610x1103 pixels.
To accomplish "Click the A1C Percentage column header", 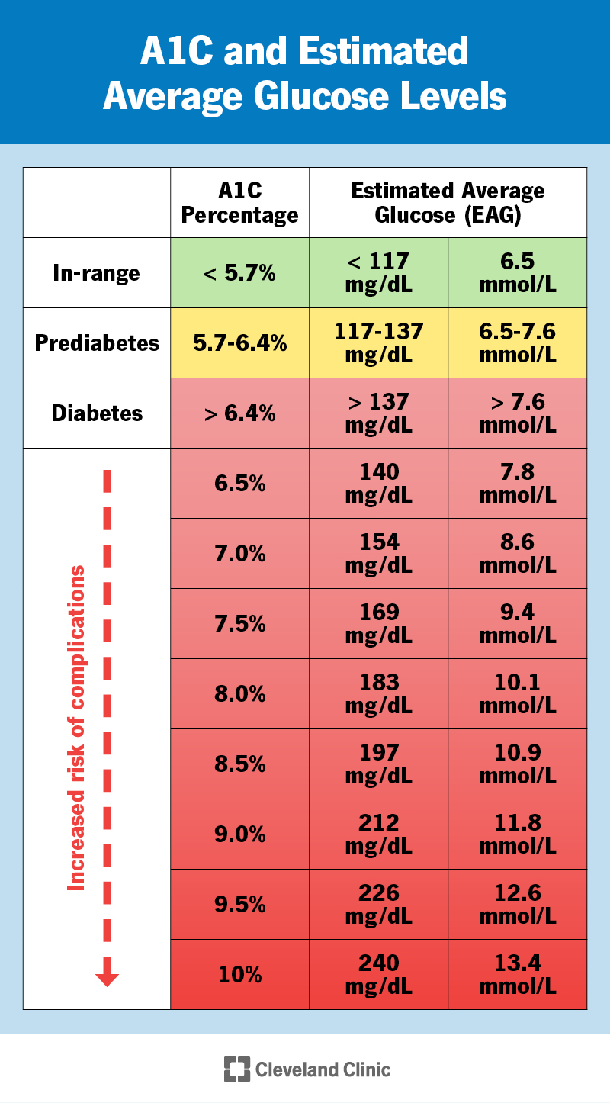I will pos(239,203).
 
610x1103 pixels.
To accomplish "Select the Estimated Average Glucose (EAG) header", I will pos(448,203).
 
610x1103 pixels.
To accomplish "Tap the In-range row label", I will pos(97,273).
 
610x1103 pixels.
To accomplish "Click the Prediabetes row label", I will pos(97,343).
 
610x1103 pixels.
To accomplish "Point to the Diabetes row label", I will pos(97,413).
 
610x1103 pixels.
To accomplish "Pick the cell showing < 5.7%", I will pos(239,273).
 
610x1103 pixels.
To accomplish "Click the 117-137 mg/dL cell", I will pos(378,343).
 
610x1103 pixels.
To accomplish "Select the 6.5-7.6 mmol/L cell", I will pos(517,343).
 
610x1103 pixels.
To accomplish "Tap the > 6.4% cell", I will pos(239,413).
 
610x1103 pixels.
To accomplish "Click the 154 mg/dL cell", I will pos(378,554).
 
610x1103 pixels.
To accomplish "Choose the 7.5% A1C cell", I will pos(239,624).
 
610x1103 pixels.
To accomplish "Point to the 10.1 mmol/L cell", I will pos(517,694).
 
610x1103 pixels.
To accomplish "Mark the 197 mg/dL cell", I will pos(378,764).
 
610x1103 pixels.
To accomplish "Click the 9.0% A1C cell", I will pos(239,834).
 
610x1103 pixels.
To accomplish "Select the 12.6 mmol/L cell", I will pos(517,905).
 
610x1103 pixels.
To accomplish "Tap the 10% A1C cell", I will pos(239,975).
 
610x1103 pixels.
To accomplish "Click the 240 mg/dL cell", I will pos(378,975).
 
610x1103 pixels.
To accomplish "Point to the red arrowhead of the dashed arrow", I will pos(107,978).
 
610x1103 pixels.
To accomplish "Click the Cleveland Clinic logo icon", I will pos(237,1069).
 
